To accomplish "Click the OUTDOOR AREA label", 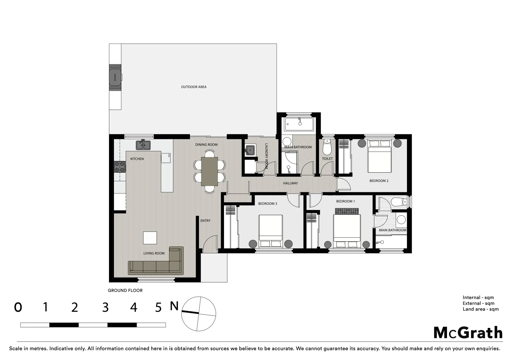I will coord(194,87).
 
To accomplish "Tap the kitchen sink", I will coord(143,145).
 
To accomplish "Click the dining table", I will coord(209,171).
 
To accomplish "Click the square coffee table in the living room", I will coord(150,238).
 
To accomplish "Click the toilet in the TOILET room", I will coord(327,146).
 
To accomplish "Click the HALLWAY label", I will coord(290,183).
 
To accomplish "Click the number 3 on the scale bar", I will coord(105,307).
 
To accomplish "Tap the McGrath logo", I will coord(468,333).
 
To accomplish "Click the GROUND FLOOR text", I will coord(125,290).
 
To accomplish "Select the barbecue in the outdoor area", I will coord(115,77).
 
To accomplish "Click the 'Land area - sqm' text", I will coord(480,309).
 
